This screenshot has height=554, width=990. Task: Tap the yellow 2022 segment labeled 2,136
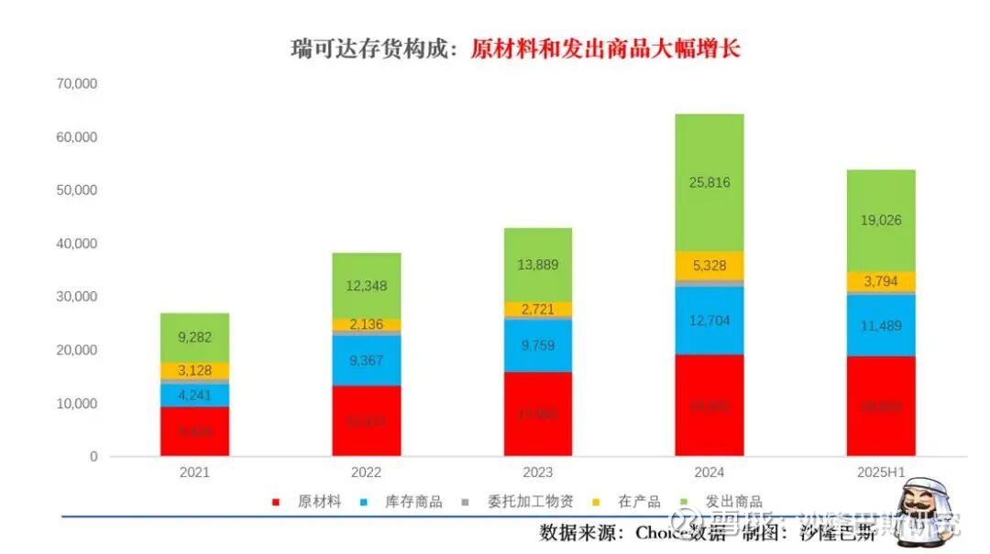(x=367, y=325)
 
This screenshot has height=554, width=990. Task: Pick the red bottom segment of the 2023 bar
(x=537, y=414)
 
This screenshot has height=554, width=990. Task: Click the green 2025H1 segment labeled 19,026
(x=880, y=221)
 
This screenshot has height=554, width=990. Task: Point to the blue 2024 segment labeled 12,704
(x=709, y=320)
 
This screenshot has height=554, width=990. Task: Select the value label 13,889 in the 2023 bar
(x=537, y=265)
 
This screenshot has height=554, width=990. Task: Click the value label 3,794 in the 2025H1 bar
(x=880, y=282)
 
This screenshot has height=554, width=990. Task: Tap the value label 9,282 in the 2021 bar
(x=194, y=338)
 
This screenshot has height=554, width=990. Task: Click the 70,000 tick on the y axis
(x=77, y=84)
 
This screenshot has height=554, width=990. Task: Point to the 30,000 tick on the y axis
(x=77, y=297)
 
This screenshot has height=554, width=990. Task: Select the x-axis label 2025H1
(x=880, y=473)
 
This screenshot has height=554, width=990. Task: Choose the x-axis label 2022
(x=367, y=473)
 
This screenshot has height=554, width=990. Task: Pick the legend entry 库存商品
(x=412, y=502)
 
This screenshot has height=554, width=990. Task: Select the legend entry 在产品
(x=638, y=502)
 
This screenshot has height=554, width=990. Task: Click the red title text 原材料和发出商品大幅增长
(x=605, y=49)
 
